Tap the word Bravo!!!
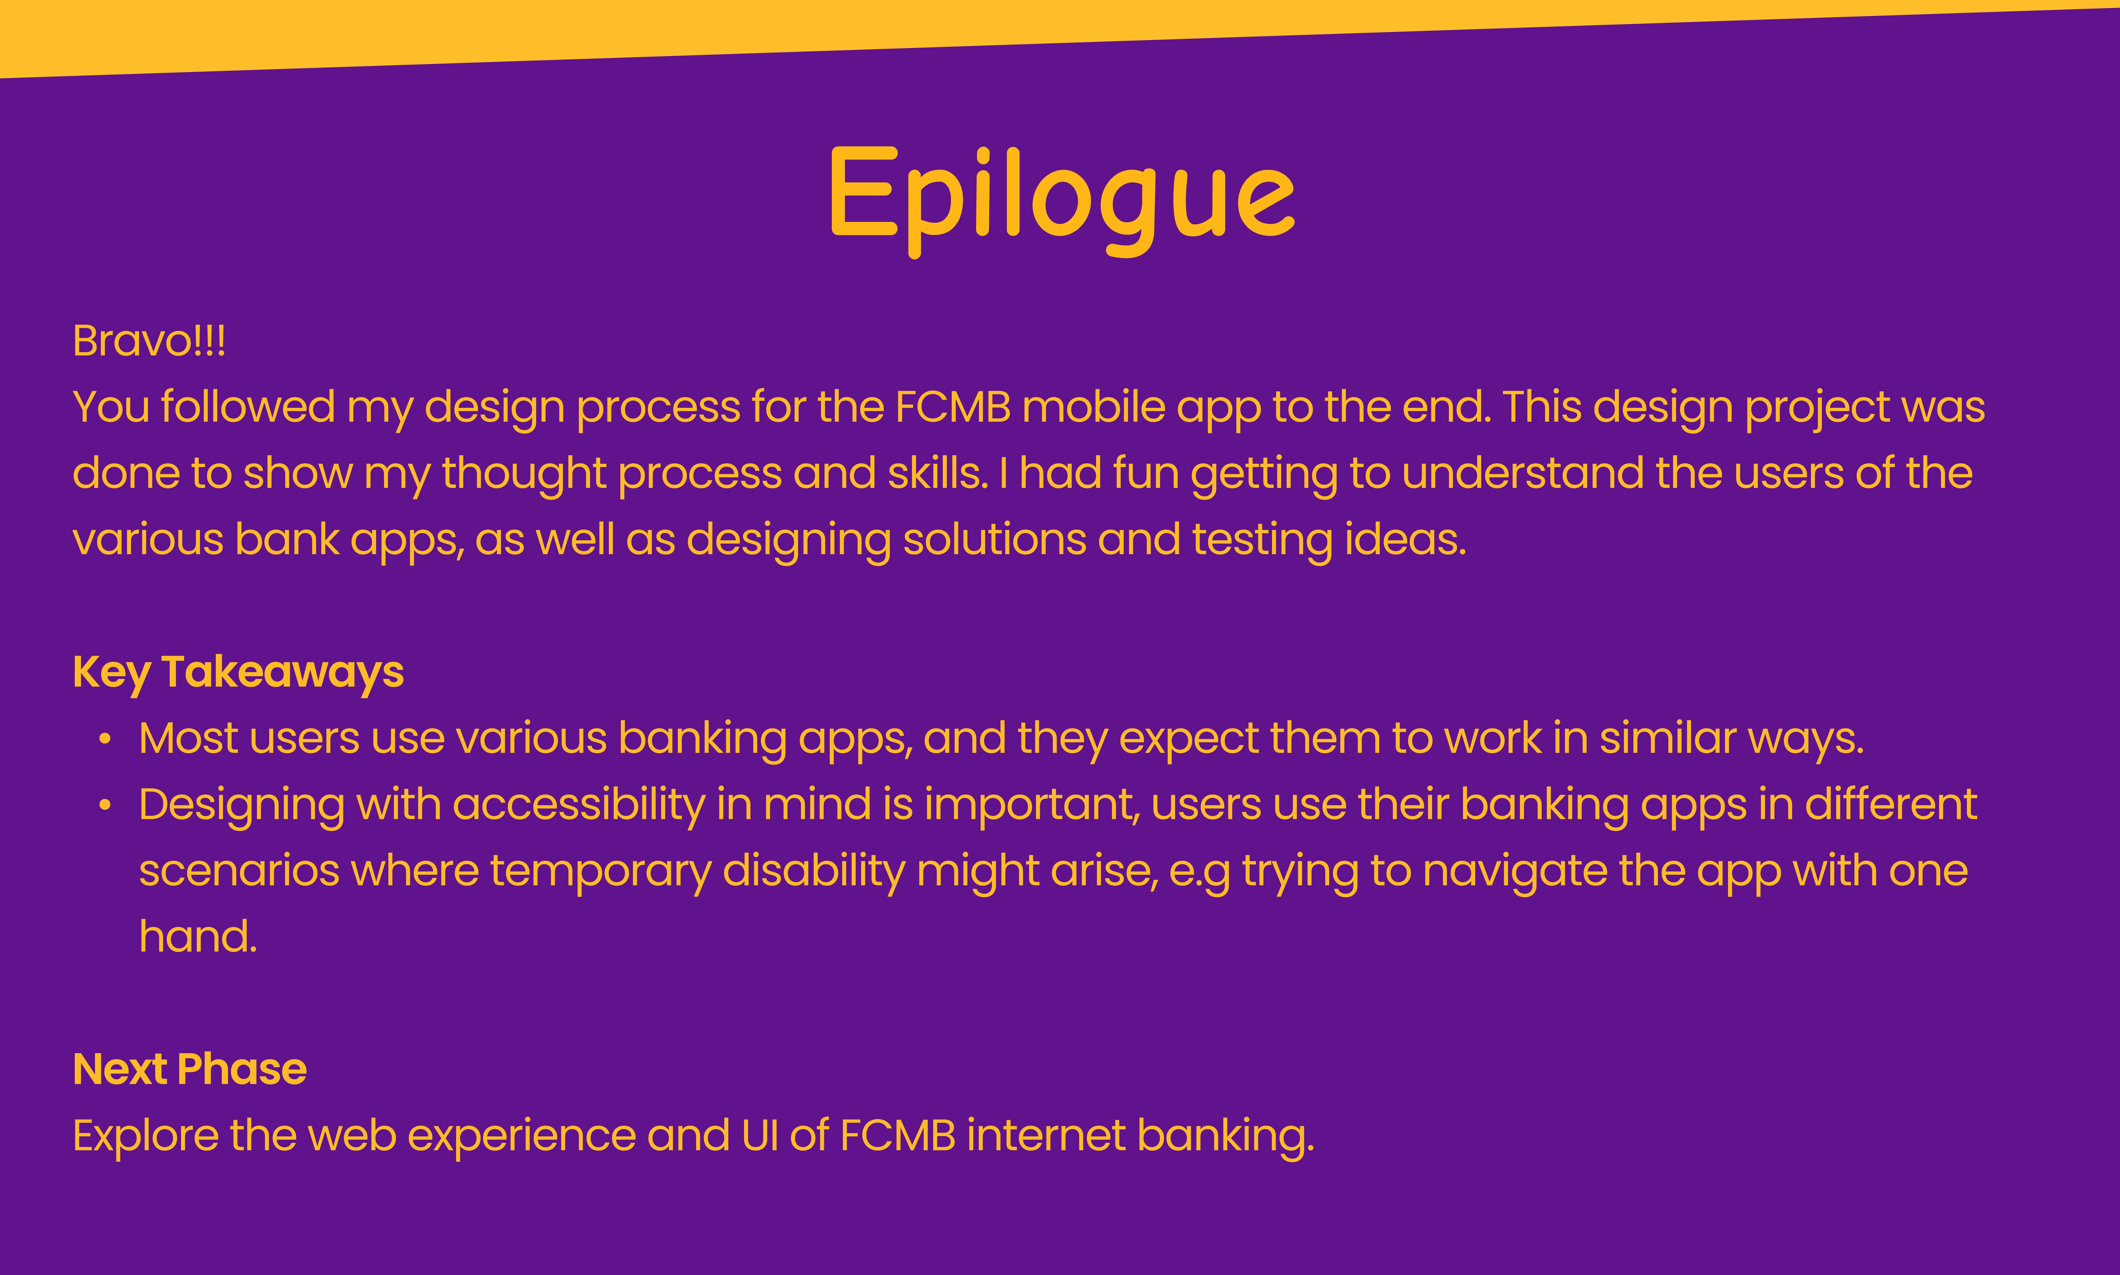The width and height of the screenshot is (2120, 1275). (150, 341)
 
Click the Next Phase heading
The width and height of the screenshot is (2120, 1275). (190, 1070)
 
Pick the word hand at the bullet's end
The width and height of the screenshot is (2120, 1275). (198, 936)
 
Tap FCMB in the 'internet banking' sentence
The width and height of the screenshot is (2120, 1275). (897, 1136)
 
